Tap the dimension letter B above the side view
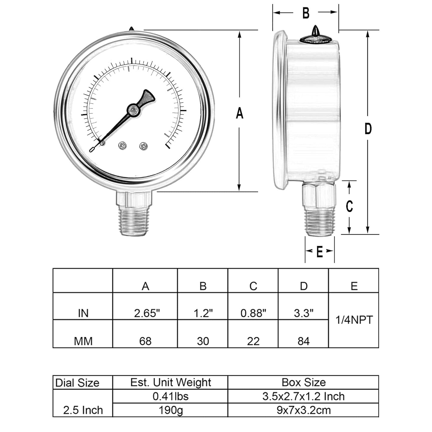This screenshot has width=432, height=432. (306, 13)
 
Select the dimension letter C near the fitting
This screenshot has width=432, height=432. (349, 206)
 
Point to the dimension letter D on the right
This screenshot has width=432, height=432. (368, 129)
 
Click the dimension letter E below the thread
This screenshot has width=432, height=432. (319, 252)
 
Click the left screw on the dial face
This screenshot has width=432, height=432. (123, 146)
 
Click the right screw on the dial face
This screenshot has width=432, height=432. (144, 146)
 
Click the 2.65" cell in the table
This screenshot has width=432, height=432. (145, 313)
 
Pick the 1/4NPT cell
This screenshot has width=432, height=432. (354, 320)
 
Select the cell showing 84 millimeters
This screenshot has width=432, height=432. (303, 341)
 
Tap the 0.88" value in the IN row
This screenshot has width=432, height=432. (253, 313)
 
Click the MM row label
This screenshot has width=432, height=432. (83, 341)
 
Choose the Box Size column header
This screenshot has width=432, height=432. (303, 382)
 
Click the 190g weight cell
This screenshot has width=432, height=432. (170, 410)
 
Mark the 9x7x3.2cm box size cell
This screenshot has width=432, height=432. (303, 410)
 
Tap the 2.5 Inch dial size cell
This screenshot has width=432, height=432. (83, 410)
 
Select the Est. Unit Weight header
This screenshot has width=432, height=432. (170, 382)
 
